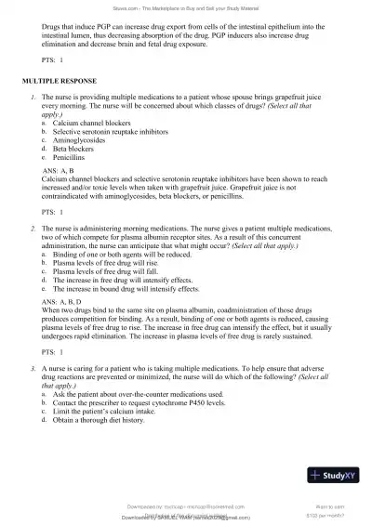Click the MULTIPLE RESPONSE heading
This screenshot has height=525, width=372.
[x=59, y=82]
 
